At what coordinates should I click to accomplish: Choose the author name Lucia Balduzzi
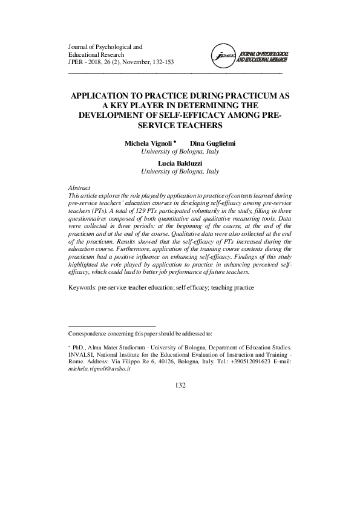point(180,163)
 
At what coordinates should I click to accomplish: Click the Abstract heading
point(80,189)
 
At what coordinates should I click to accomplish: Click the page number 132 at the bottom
point(180,386)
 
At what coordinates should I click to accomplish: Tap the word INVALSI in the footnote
point(82,354)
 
